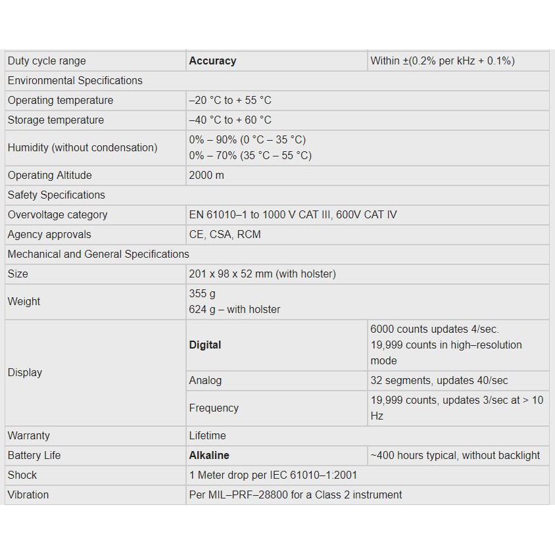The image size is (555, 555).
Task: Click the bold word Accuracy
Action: tap(212, 61)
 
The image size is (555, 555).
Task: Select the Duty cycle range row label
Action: tap(47, 61)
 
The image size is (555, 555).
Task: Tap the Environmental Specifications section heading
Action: tap(75, 81)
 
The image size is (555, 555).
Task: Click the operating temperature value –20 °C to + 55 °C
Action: tap(230, 101)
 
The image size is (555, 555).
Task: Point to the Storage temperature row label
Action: tap(56, 120)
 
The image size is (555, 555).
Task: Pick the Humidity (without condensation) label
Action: tap(82, 148)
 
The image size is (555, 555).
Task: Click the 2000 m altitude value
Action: tap(206, 176)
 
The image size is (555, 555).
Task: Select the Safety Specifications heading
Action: tap(57, 195)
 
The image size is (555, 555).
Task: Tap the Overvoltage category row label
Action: tap(57, 215)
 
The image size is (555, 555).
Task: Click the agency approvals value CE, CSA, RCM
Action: tap(225, 235)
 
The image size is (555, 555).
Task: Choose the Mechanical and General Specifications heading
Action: tap(99, 254)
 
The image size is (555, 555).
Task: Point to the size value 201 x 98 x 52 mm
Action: tap(262, 274)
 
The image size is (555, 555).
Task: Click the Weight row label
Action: tap(24, 302)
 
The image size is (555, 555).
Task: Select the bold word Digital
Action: tap(205, 345)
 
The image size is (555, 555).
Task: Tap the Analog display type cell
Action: tap(205, 381)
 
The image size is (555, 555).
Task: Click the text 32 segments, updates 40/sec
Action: tap(439, 381)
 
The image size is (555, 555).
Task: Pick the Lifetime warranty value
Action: tap(207, 436)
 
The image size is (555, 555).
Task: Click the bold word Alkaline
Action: tap(209, 456)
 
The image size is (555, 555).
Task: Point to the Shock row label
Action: tap(22, 475)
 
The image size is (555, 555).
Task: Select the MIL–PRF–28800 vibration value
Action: tap(295, 495)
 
